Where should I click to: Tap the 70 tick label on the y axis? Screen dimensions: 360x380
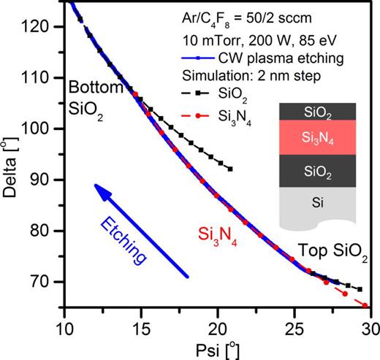[x=49, y=282]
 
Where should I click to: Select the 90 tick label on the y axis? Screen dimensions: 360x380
[x=49, y=180]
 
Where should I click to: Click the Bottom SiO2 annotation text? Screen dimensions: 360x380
[x=95, y=97]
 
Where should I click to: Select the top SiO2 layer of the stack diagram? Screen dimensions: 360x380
[x=317, y=112]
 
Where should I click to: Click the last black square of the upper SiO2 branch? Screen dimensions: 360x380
[x=230, y=169]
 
